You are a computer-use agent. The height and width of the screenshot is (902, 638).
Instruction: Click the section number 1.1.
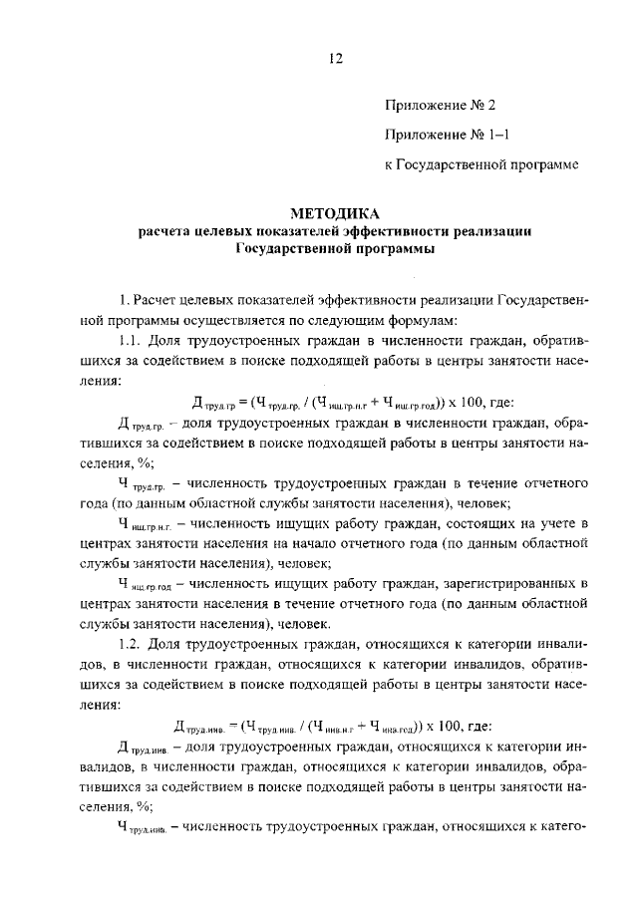(x=132, y=342)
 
